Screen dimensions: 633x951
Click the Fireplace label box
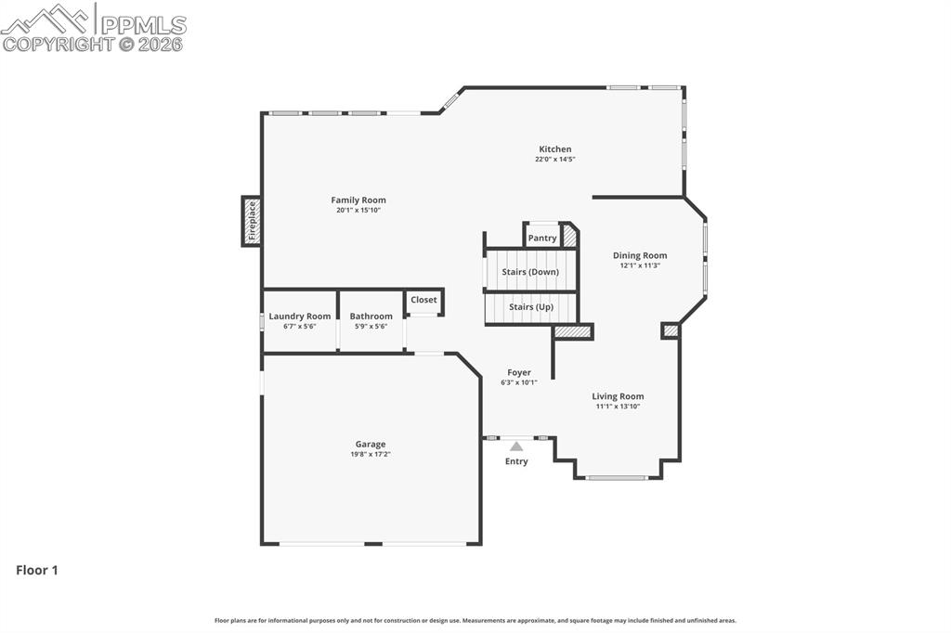(x=251, y=221)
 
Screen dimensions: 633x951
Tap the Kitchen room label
(x=555, y=149)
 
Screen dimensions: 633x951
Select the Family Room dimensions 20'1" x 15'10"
(x=358, y=211)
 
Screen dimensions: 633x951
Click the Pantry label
(x=542, y=238)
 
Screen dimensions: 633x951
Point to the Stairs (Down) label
(x=530, y=272)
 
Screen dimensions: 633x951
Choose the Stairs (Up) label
(x=531, y=306)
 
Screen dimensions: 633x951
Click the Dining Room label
(x=640, y=255)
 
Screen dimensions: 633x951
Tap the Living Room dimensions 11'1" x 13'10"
(x=618, y=407)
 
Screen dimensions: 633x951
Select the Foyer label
(x=519, y=372)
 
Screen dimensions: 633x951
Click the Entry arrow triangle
(x=516, y=446)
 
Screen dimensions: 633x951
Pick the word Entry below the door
(x=516, y=461)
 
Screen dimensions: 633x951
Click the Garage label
(x=370, y=444)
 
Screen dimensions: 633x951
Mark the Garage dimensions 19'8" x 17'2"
(x=370, y=455)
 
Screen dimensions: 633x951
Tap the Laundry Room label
(x=300, y=316)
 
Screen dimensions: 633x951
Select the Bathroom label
(x=371, y=316)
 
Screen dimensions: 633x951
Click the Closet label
(x=423, y=300)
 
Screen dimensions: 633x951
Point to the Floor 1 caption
(x=37, y=570)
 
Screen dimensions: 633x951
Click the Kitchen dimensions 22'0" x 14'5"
(x=555, y=160)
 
